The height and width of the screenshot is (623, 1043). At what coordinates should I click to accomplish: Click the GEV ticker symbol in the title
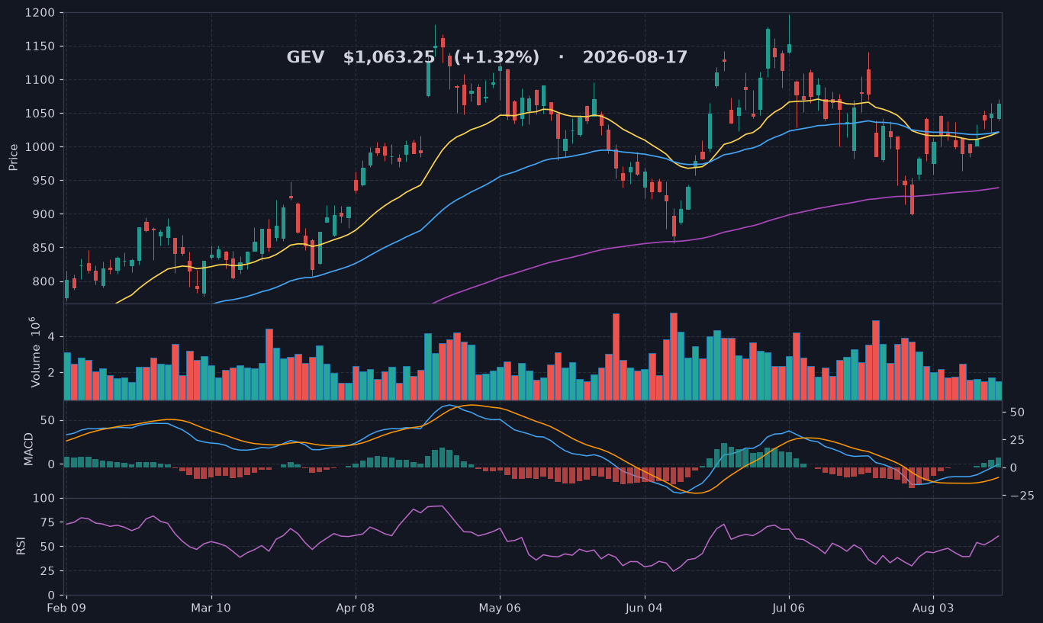(x=305, y=57)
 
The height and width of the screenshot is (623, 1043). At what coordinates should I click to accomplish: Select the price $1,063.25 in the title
(x=389, y=57)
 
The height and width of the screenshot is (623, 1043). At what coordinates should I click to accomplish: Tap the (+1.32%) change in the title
(x=497, y=57)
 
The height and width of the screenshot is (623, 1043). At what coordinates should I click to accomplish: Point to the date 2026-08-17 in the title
(x=635, y=57)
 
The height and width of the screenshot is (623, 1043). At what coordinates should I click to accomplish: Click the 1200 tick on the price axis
(x=40, y=12)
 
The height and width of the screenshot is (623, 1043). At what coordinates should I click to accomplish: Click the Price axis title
(x=13, y=157)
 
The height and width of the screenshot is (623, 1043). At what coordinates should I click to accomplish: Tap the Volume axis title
(x=35, y=352)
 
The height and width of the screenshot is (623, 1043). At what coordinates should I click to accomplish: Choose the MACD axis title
(x=28, y=449)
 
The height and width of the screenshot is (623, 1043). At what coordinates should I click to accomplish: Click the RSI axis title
(x=21, y=546)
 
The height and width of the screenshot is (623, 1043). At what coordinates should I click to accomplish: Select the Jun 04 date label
(x=645, y=608)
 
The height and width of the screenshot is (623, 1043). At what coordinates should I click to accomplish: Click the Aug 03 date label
(x=933, y=608)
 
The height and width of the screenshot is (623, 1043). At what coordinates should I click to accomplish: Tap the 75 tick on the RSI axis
(x=47, y=522)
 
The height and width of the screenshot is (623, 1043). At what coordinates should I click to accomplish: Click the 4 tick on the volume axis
(x=51, y=336)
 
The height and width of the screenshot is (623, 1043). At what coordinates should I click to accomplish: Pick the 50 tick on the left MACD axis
(x=47, y=421)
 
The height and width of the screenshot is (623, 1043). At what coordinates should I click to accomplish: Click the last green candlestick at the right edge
(x=1000, y=111)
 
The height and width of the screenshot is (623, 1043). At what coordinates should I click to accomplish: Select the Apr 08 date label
(x=356, y=608)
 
